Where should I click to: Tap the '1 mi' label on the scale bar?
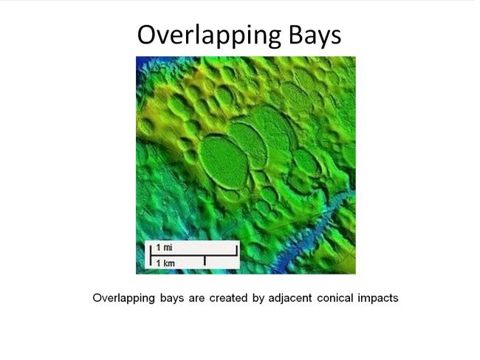[x=164, y=246]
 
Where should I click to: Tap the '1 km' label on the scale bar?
[x=164, y=262]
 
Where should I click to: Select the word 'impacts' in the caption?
[x=377, y=299]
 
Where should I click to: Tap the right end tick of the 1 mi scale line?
[x=236, y=248]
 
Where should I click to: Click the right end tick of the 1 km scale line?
[x=205, y=260]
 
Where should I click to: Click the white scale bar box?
[x=191, y=254]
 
